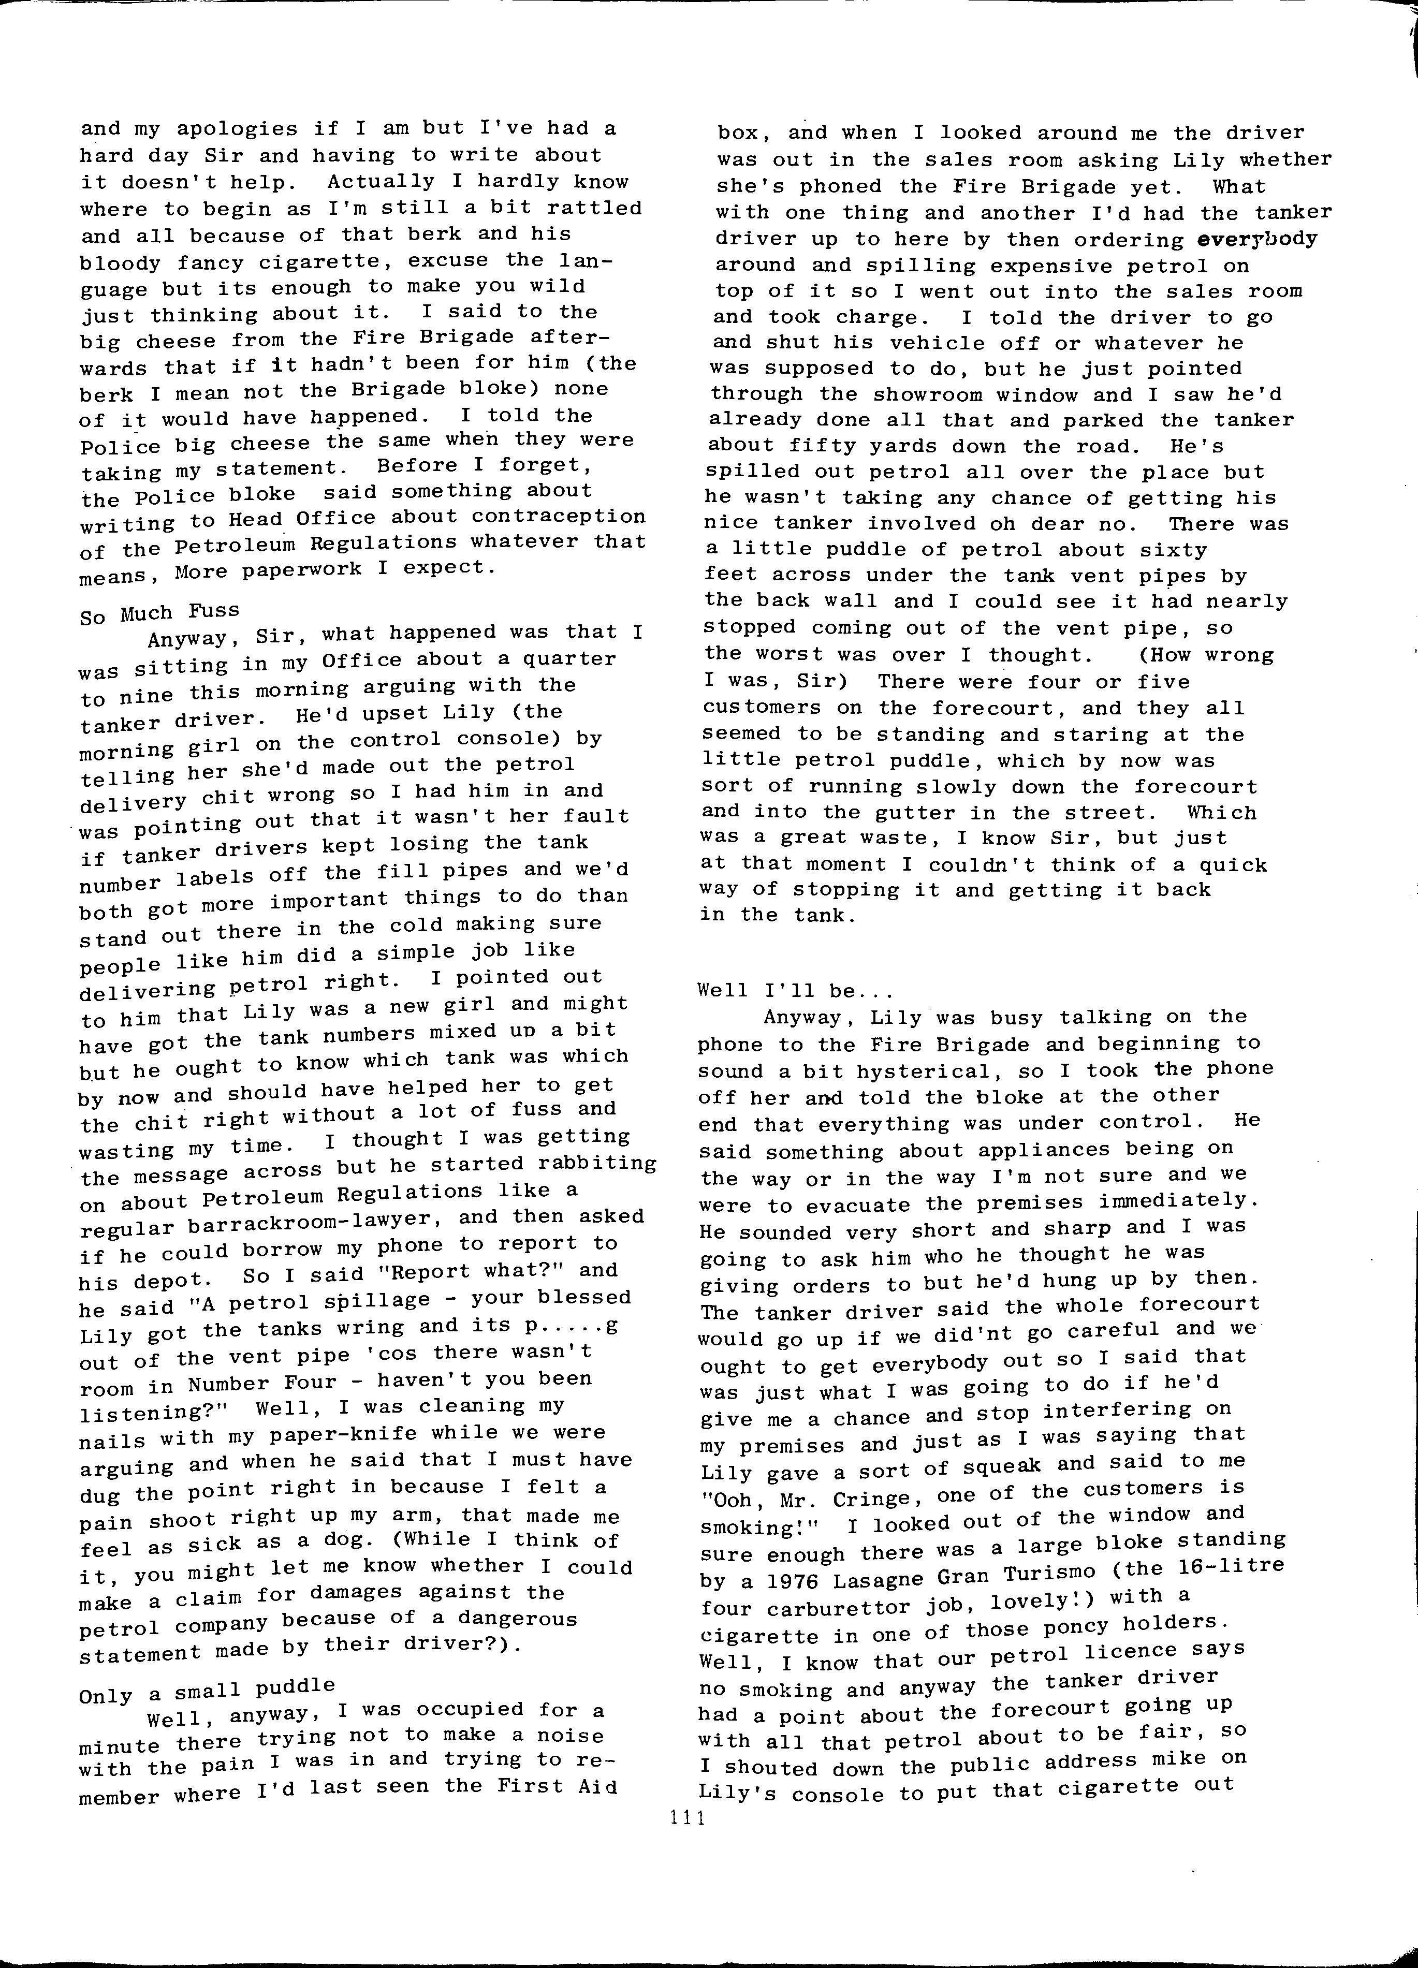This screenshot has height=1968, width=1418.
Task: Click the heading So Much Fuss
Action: coord(159,613)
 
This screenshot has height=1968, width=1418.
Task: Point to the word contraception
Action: coord(560,516)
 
